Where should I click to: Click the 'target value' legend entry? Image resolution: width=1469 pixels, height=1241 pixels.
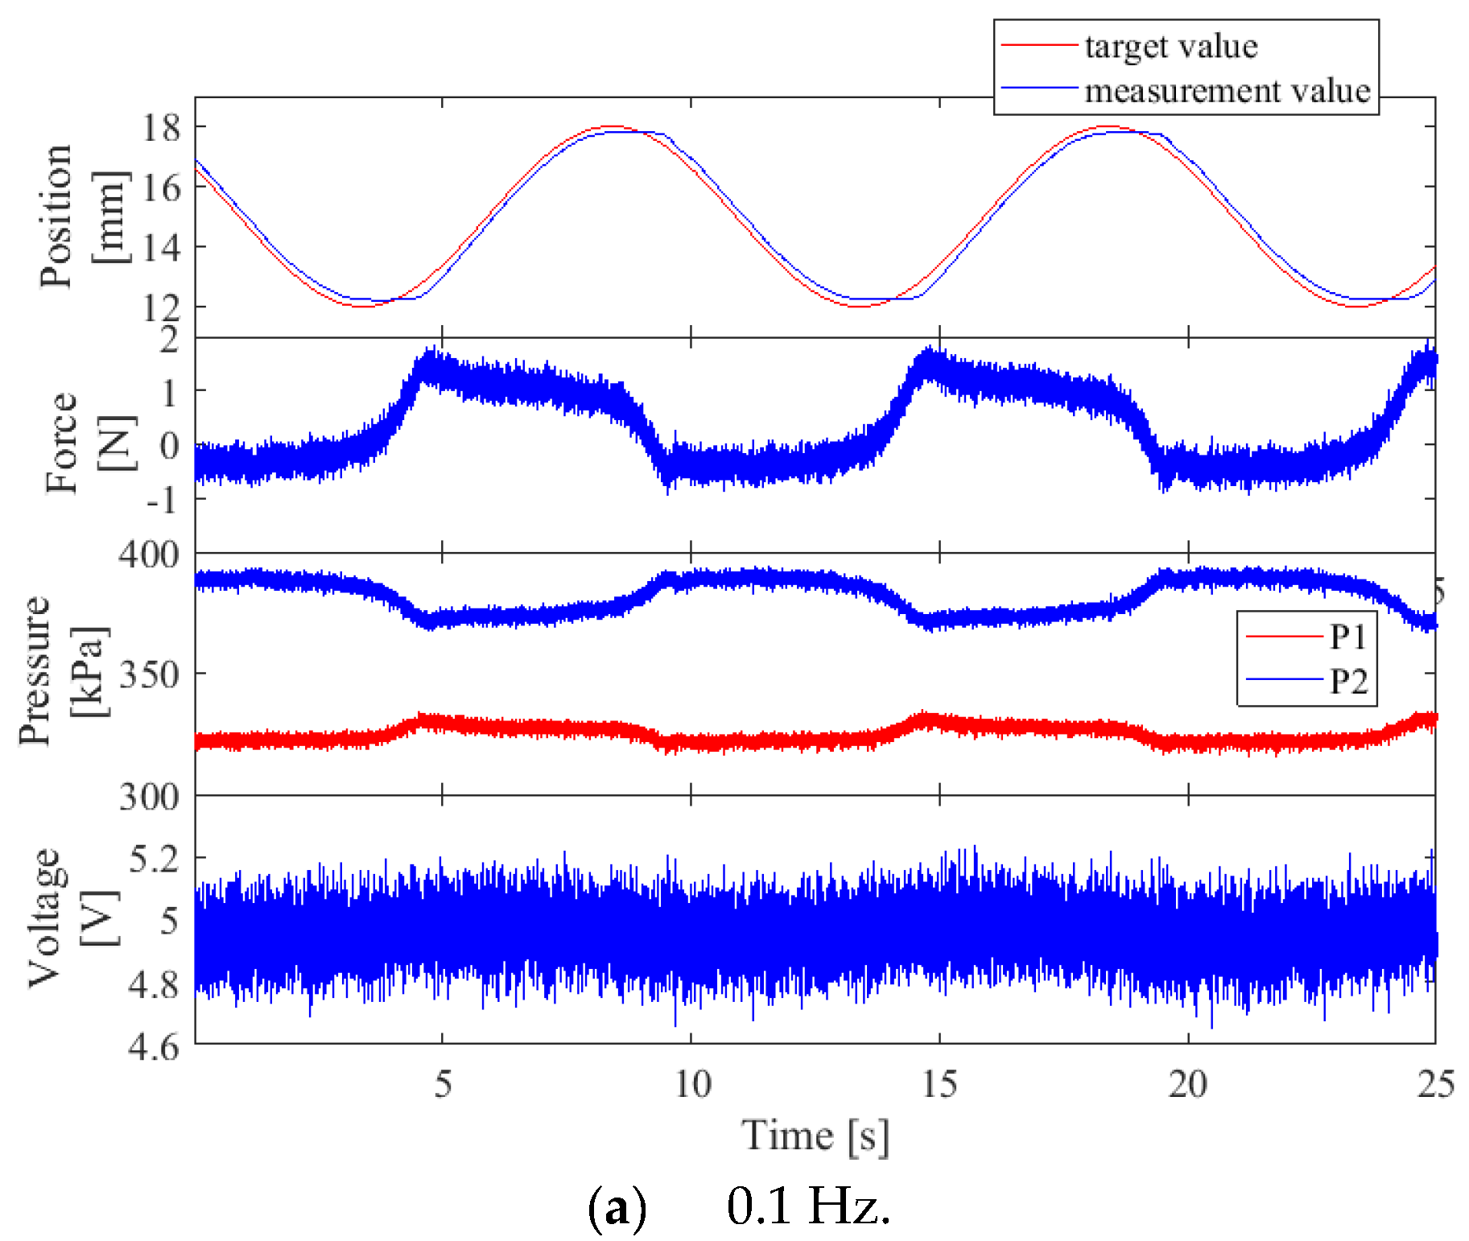[x=1170, y=47]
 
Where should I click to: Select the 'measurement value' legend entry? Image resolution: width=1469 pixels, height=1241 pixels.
[x=1227, y=91]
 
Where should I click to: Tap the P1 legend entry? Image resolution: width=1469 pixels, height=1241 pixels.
[x=1347, y=637]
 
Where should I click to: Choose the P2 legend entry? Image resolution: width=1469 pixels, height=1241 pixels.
[x=1347, y=681]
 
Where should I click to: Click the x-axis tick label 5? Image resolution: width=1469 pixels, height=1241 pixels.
[x=443, y=1084]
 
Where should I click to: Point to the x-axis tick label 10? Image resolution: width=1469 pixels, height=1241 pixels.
[x=691, y=1084]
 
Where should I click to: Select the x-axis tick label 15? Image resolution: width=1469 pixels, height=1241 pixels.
[x=939, y=1084]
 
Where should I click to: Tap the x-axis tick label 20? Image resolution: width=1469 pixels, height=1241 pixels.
[x=1188, y=1084]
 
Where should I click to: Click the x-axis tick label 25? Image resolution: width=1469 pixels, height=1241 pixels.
[x=1435, y=1084]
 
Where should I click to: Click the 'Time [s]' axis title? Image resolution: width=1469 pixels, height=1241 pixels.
[x=815, y=1136]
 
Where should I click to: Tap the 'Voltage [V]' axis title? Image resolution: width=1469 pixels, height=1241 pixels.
[x=72, y=917]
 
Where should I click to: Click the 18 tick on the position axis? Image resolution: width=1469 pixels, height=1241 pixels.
[x=161, y=127]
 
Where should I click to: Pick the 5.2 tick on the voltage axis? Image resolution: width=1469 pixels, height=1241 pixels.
[x=155, y=860]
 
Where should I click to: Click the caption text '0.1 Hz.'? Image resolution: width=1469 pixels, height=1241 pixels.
[x=808, y=1206]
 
